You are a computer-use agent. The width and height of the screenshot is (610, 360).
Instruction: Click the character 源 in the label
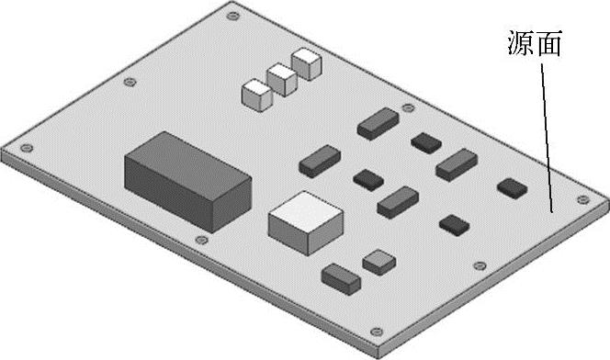click(521, 43)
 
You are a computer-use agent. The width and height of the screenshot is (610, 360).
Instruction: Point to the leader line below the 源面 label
click(547, 138)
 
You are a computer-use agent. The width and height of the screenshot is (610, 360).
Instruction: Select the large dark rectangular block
click(187, 182)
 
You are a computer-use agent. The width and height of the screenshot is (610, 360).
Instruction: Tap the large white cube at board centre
click(306, 223)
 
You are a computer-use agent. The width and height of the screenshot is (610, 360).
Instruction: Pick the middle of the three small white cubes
click(282, 80)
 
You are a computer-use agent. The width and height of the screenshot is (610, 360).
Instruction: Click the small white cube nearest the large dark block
click(256, 95)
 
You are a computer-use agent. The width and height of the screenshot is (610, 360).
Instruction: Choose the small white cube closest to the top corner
click(307, 64)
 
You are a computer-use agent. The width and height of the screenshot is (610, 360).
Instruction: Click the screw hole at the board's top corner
click(232, 17)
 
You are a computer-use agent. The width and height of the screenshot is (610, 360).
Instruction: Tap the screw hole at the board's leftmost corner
click(27, 148)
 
